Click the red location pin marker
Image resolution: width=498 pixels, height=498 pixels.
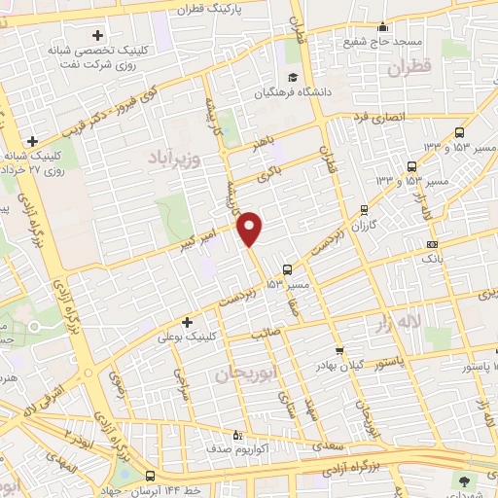pos(251,230)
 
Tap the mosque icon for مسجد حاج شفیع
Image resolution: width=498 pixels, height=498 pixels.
pos(383,27)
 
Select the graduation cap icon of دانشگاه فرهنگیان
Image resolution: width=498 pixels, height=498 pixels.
pos(289,79)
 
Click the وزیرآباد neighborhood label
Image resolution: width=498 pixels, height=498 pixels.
pos(174,158)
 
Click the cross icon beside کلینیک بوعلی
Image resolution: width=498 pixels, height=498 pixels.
pos(187,322)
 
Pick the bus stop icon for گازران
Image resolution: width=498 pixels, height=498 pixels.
pos(364,208)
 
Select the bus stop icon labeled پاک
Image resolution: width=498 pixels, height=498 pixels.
pos(432,244)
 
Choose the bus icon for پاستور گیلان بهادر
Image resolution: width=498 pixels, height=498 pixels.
pos(338,351)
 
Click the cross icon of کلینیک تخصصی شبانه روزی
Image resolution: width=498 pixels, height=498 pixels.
pos(97,36)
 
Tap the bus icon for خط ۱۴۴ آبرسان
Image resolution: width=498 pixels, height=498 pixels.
pos(150,477)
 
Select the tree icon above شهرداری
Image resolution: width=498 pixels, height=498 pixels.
pos(462,480)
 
